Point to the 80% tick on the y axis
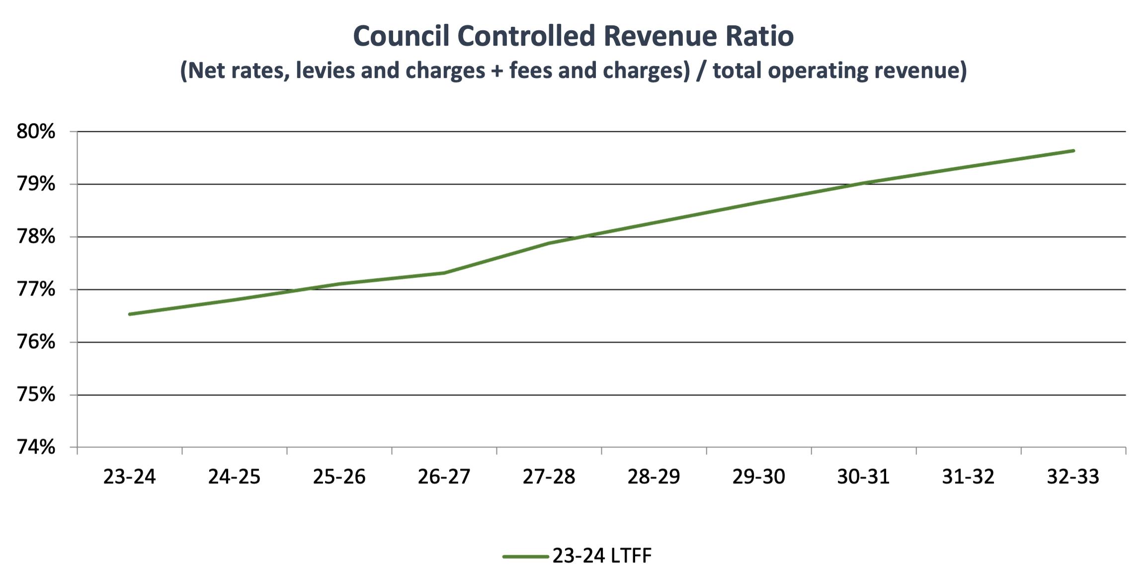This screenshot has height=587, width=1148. coord(36,132)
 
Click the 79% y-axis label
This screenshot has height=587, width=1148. coord(36,184)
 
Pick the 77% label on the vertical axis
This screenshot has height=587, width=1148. coord(36,290)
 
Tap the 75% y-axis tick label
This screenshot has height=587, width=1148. coord(36,395)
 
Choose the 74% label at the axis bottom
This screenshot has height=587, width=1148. coord(36,447)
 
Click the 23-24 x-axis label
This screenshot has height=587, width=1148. coord(129,477)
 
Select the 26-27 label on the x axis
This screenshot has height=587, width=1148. coord(444,477)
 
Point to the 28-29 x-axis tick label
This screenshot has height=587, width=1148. coord(654,477)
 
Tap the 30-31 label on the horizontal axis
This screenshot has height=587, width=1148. coord(863,477)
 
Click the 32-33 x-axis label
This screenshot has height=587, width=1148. coord(1073,477)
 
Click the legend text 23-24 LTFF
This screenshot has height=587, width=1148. coord(601,556)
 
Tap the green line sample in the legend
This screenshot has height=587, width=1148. coord(525,556)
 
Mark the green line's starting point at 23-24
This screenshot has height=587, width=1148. coord(130,314)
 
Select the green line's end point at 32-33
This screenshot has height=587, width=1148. coord(1073,150)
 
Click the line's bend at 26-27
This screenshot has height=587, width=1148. coord(444,273)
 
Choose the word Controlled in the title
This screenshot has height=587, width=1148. coord(526,36)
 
